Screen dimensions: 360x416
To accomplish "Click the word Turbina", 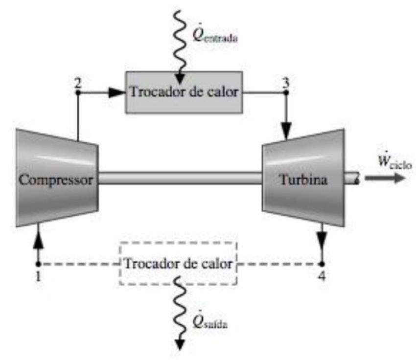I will tap(302, 180).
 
